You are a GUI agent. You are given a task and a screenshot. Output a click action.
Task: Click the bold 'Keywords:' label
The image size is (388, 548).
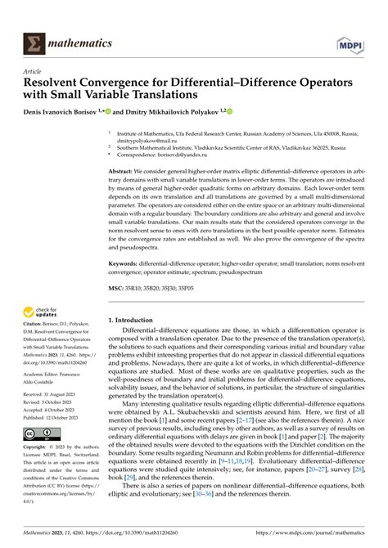[129, 264]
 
